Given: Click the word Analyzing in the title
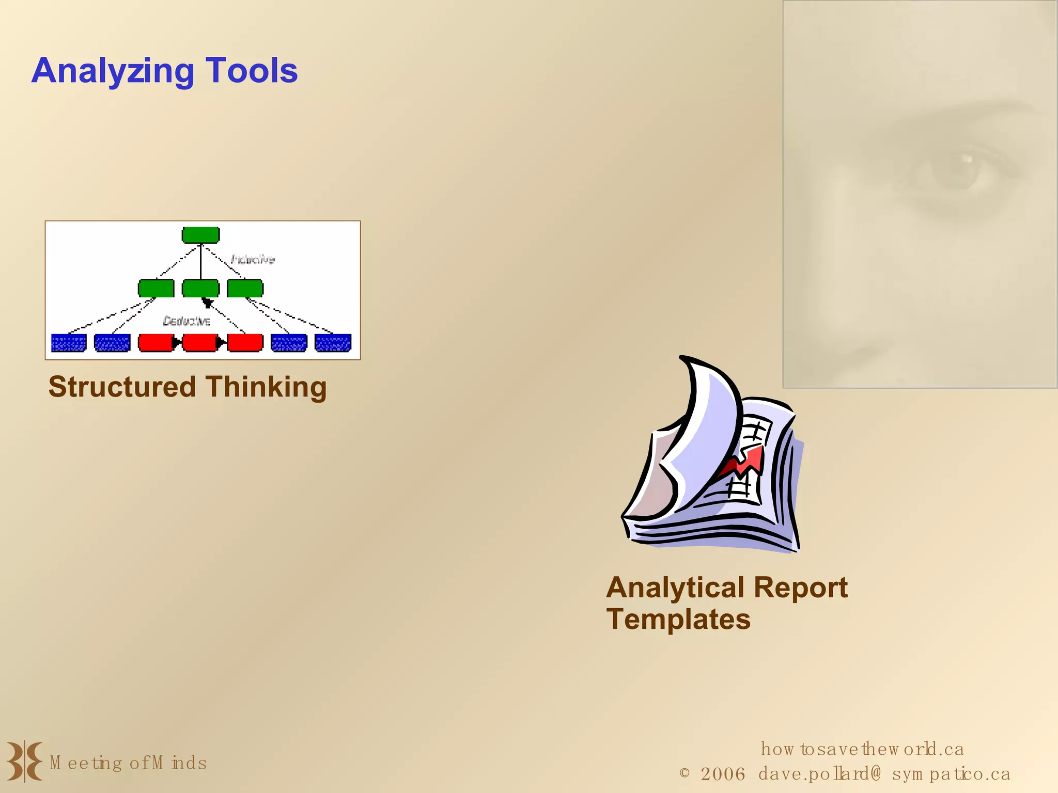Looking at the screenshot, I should (113, 71).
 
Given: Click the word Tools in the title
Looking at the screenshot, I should (252, 71).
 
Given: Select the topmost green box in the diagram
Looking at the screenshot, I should (200, 235).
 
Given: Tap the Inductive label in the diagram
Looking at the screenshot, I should (253, 259).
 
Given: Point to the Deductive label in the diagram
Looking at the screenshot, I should (186, 321).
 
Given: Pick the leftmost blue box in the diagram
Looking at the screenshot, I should (69, 343).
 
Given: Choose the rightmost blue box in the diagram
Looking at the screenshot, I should (333, 343).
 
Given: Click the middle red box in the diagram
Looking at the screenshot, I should (200, 343).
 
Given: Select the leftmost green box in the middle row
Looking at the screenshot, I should (156, 289).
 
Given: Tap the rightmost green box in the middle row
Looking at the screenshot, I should (245, 289).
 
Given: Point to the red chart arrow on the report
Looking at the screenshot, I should (744, 462).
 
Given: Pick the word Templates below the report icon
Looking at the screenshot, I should (678, 619).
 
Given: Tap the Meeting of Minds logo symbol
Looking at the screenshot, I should (24, 762).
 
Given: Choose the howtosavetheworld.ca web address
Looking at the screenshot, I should (862, 749).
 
